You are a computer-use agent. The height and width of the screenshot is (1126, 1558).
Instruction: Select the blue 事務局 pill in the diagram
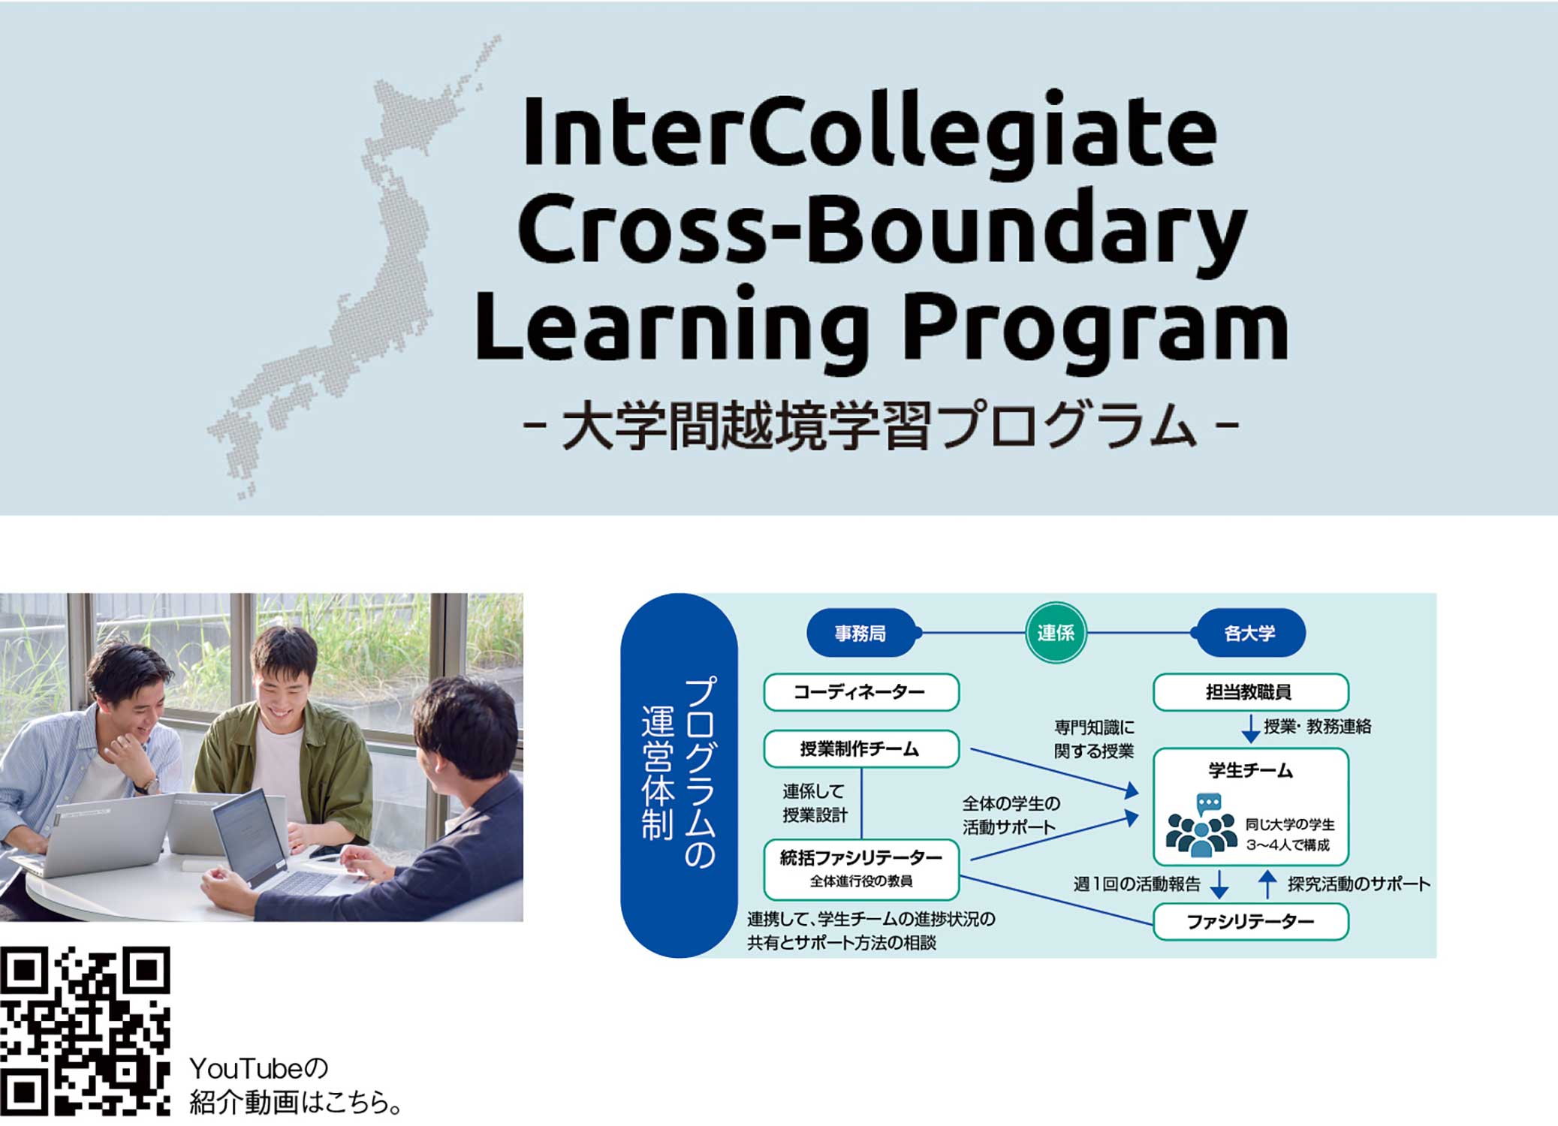point(861,633)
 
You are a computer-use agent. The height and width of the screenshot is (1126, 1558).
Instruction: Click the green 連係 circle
point(1056,633)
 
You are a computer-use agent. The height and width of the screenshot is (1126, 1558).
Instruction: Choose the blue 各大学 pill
point(1250,633)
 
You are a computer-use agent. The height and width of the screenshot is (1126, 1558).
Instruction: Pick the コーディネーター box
point(861,691)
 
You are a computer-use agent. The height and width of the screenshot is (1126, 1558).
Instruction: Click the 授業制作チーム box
point(861,748)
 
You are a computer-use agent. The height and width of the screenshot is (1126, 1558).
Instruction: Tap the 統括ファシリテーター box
point(861,869)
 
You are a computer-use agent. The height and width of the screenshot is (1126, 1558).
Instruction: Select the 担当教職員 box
point(1250,691)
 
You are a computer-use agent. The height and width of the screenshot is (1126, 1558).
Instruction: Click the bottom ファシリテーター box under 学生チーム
point(1250,921)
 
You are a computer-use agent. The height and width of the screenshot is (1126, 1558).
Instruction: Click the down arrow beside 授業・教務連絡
point(1250,729)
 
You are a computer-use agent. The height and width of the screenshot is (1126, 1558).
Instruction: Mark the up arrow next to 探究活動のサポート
point(1267,884)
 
